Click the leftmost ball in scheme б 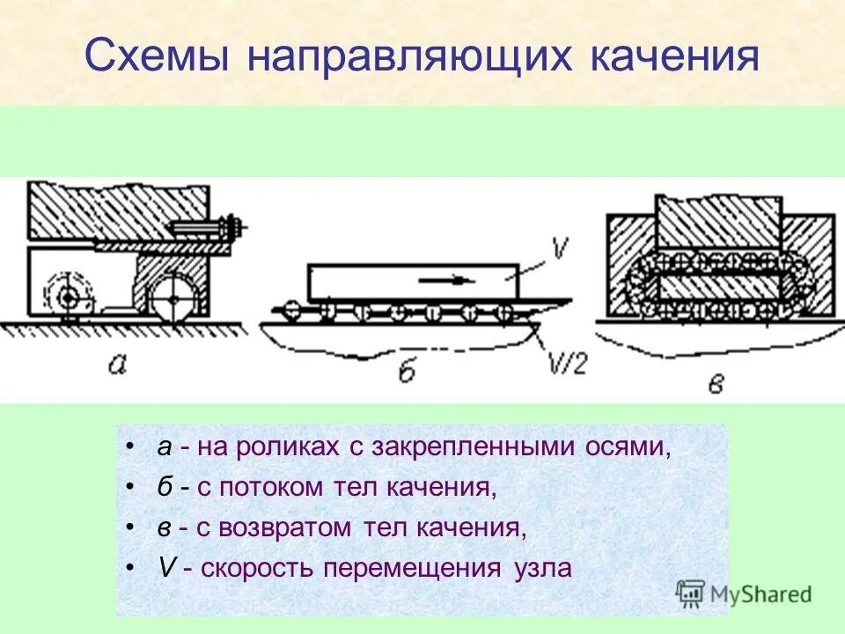289,309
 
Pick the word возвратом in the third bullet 293,527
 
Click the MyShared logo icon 692,593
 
